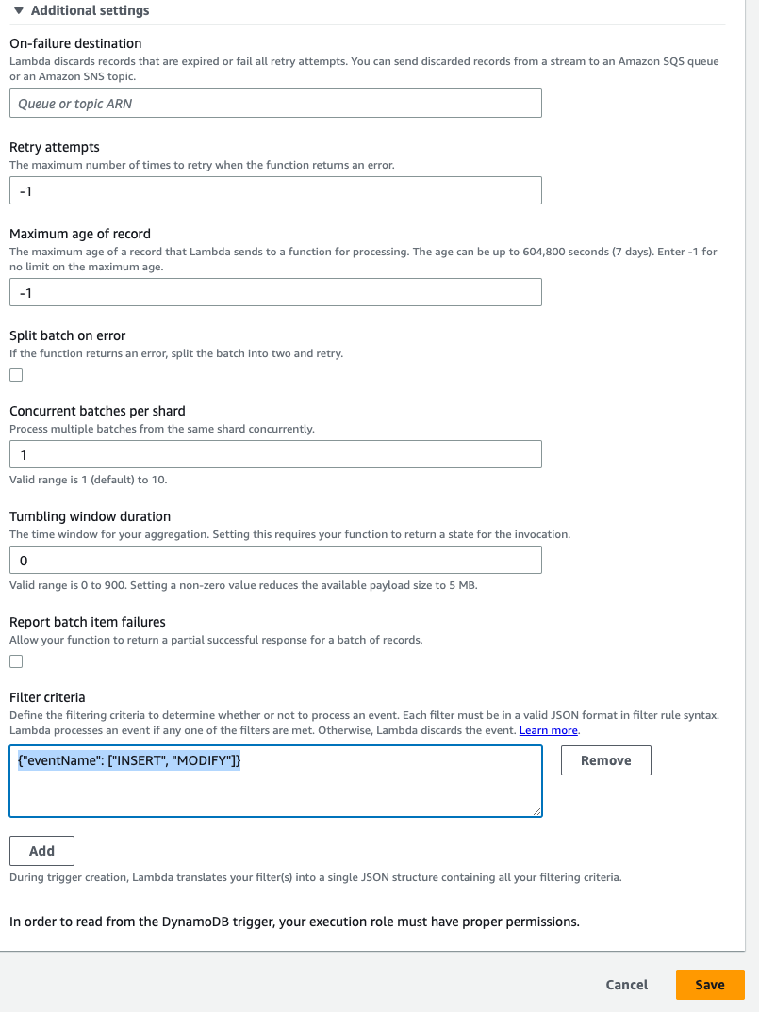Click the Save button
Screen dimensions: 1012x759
click(x=709, y=985)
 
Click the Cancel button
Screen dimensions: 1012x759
click(x=626, y=985)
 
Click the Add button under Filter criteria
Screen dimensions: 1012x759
click(x=41, y=850)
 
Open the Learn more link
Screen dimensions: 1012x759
click(x=548, y=730)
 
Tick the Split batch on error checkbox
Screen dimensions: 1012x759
click(x=16, y=375)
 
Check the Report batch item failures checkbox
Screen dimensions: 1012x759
click(x=16, y=661)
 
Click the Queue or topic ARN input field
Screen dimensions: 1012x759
click(x=275, y=104)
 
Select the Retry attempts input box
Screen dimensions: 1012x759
click(x=275, y=190)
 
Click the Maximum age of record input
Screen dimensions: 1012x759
click(x=275, y=292)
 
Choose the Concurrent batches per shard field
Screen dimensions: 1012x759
click(x=275, y=454)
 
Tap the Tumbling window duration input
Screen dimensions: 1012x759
click(x=275, y=560)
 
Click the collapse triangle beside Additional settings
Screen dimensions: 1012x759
click(x=18, y=11)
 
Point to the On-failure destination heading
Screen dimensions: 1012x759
click(x=75, y=43)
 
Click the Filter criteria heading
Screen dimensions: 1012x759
click(x=47, y=697)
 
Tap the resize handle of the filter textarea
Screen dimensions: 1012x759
click(x=536, y=811)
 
